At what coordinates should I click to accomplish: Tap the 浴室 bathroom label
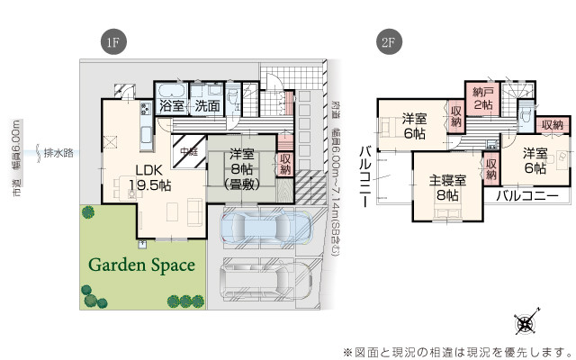click(x=172, y=106)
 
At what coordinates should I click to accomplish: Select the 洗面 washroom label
click(x=207, y=106)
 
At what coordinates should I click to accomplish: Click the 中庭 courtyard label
click(x=189, y=150)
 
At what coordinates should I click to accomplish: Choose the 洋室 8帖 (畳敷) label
click(x=240, y=167)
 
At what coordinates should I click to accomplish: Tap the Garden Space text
click(x=141, y=265)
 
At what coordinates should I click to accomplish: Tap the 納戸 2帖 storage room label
click(x=483, y=98)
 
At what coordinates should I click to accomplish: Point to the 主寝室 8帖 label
click(x=446, y=186)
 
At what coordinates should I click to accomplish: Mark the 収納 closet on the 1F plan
click(x=286, y=166)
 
